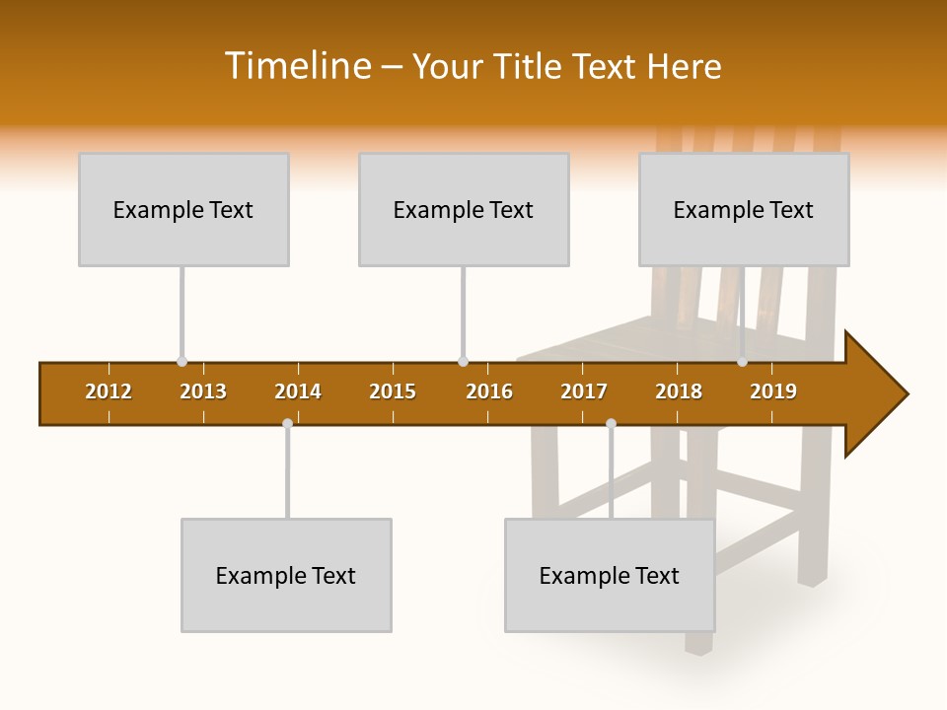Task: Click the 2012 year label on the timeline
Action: click(109, 391)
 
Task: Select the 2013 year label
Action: click(203, 391)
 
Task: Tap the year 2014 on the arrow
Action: click(298, 391)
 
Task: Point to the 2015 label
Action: click(393, 391)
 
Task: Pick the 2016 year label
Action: click(489, 391)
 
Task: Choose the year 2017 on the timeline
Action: click(584, 391)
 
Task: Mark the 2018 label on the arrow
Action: click(679, 391)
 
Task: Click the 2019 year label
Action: click(773, 391)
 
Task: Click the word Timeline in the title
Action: click(296, 66)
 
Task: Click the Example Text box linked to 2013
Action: click(183, 209)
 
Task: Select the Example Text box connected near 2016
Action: click(464, 209)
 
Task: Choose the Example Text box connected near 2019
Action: click(744, 209)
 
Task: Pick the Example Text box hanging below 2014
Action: click(286, 575)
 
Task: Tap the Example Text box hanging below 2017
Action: click(610, 575)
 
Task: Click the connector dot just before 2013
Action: click(182, 362)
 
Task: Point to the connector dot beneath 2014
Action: click(287, 424)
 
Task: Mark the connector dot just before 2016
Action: click(463, 362)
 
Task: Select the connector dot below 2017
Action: click(611, 424)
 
